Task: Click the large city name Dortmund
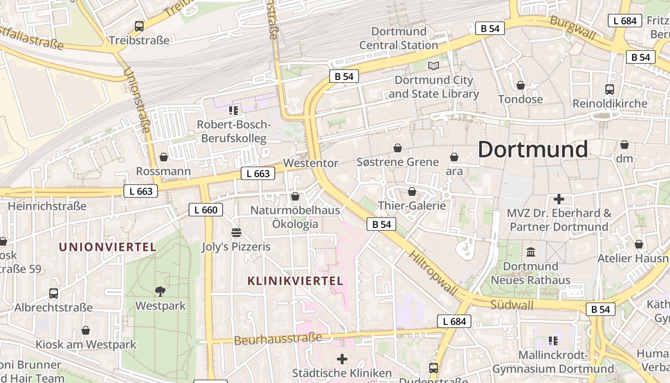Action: coord(533,150)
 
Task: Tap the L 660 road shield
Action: coord(206,210)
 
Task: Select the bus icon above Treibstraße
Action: coord(139,26)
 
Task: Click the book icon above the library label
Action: coord(434,66)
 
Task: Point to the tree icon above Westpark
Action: coord(160,291)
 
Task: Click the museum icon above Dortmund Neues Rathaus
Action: coord(531,252)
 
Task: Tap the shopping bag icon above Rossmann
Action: coord(164,157)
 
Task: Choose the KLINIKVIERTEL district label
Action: coord(295,281)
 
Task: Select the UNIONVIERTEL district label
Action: coord(108,247)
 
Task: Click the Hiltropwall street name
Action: coord(433,272)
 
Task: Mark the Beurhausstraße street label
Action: coord(278,339)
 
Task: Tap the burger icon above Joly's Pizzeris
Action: coord(236,233)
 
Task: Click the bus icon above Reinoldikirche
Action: coord(610,89)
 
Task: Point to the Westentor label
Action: coord(311,163)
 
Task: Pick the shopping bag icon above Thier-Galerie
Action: coord(412,191)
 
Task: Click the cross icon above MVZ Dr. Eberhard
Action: coord(558,199)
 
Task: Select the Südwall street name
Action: coord(512,304)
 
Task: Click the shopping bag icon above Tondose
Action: coord(521,85)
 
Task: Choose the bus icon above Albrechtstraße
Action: coord(54,293)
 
